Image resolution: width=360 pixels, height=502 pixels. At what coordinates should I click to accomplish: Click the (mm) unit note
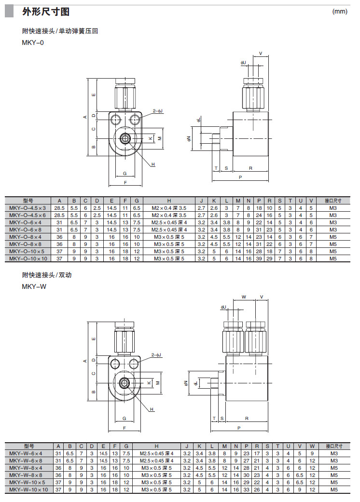340,12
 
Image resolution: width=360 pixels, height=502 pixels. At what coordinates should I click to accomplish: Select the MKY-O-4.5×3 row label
28,208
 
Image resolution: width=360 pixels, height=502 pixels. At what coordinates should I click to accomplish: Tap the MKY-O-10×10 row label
28,258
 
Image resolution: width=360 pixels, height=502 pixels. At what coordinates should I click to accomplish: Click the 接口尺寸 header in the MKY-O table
333,201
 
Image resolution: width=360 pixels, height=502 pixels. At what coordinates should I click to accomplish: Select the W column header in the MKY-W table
312,446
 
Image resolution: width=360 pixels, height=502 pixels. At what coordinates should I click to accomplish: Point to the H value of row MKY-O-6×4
169,222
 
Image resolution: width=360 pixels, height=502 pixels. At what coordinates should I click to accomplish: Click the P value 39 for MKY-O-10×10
259,258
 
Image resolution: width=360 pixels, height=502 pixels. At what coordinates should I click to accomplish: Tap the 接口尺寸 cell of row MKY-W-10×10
333,489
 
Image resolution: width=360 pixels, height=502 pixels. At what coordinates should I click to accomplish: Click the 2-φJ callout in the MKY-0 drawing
158,111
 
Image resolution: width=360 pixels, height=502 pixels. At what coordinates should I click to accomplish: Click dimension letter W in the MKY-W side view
244,297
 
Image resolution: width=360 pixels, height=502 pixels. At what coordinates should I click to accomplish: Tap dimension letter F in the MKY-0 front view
125,183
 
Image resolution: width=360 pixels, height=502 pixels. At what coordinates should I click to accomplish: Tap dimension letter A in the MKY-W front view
84,361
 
